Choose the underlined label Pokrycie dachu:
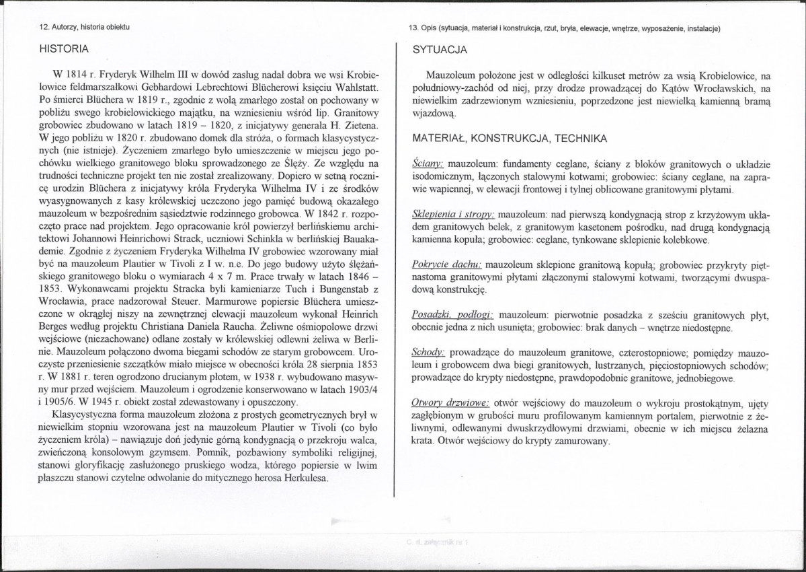(x=446, y=264)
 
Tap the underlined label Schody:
(x=428, y=353)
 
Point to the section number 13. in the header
(x=413, y=28)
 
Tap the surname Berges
(x=58, y=325)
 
